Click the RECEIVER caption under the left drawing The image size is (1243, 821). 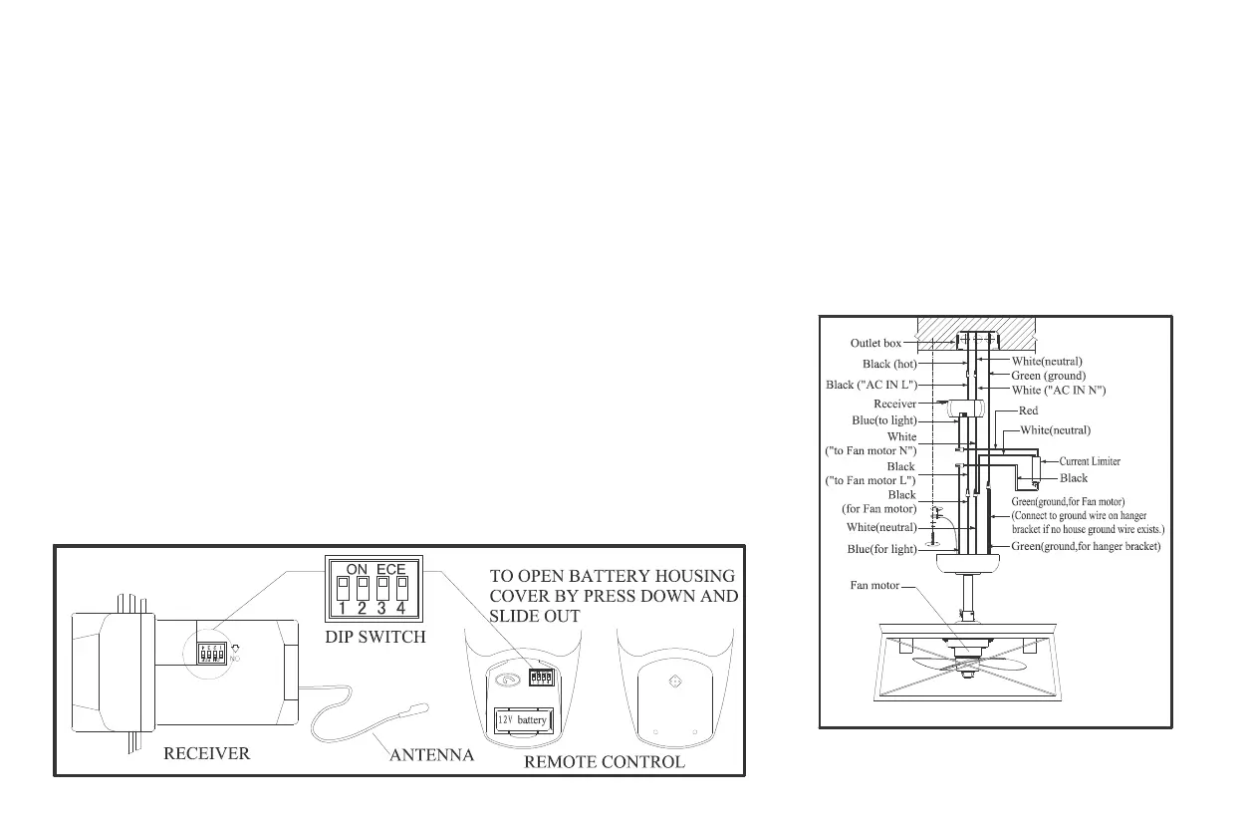[x=206, y=754]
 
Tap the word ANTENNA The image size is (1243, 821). [x=431, y=756]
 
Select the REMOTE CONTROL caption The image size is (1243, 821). [x=604, y=762]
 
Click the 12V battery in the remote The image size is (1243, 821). [x=523, y=719]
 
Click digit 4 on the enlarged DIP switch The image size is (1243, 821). [x=402, y=608]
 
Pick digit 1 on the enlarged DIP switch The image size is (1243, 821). [x=343, y=608]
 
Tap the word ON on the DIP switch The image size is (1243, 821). [x=357, y=569]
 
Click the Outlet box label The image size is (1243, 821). [x=875, y=344]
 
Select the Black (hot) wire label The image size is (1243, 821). [x=890, y=364]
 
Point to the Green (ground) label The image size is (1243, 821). [x=1049, y=376]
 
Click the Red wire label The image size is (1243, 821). [x=1028, y=410]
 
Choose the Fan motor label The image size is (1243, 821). [x=873, y=586]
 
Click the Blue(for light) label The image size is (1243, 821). [x=881, y=549]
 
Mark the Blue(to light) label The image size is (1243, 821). [x=884, y=420]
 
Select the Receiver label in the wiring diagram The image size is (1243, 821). [x=894, y=404]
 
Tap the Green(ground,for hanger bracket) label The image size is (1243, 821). [x=1086, y=546]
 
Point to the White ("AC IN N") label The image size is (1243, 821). [x=1059, y=391]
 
